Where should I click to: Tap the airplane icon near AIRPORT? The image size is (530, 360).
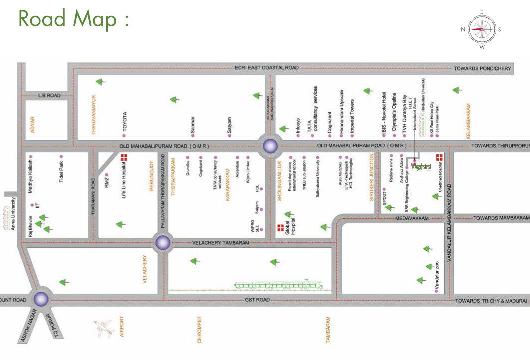point(104,328)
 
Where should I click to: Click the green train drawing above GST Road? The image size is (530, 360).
point(277,285)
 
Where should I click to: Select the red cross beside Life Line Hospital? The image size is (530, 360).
point(124,158)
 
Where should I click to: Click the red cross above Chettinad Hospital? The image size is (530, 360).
point(440,157)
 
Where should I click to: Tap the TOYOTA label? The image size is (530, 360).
point(125,121)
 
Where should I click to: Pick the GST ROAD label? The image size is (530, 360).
point(257,300)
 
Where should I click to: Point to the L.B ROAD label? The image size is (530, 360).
point(49,95)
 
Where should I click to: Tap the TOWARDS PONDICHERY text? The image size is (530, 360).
point(482,68)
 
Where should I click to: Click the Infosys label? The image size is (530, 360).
point(299,127)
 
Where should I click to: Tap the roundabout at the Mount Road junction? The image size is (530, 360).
point(40,299)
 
